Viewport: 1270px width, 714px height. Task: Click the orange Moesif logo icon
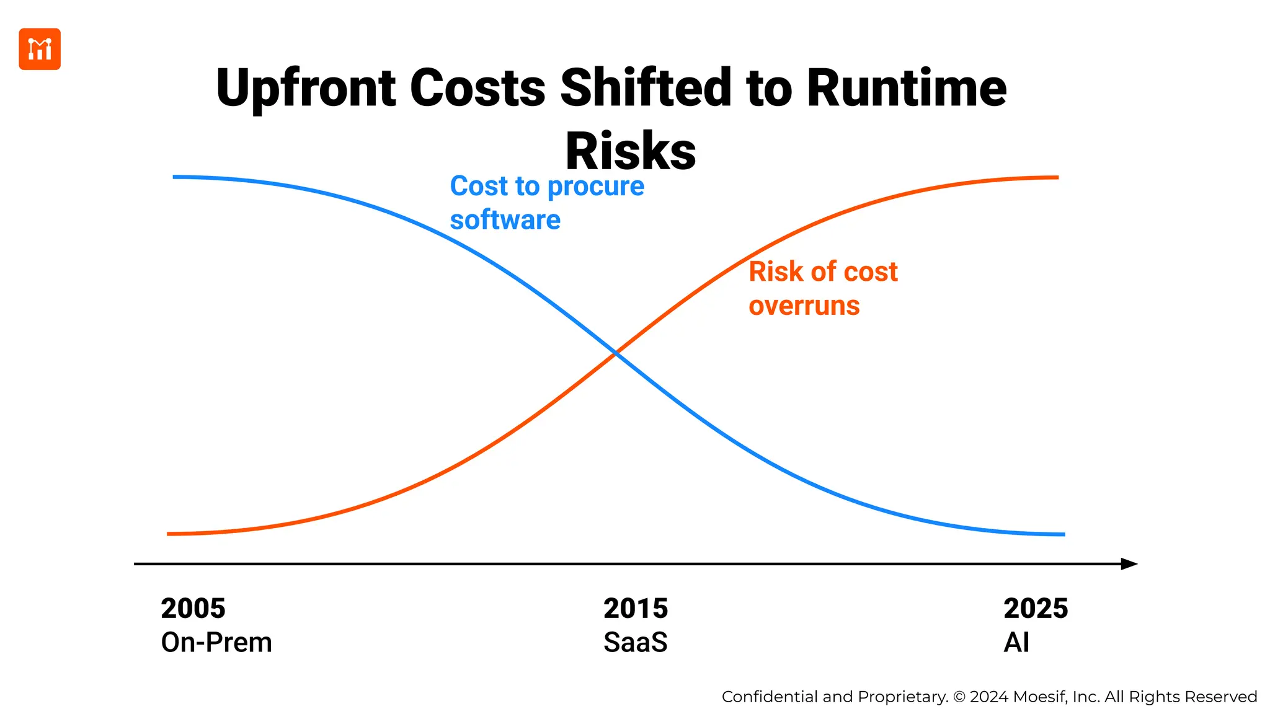[x=40, y=49]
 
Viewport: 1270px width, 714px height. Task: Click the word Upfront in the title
[x=306, y=88]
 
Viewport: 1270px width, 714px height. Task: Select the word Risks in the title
[x=631, y=152]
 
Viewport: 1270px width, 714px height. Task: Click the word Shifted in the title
[x=646, y=88]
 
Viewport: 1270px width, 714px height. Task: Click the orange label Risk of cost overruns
[x=822, y=288]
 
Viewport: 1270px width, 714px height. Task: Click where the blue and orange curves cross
[x=615, y=353]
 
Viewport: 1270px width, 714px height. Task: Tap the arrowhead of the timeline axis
[x=1129, y=564]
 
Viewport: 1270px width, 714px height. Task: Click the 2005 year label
[x=193, y=609]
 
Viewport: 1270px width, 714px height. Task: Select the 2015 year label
[x=636, y=609]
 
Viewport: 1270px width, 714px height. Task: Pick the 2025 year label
[x=1036, y=609]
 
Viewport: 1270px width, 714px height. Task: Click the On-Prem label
[x=216, y=643]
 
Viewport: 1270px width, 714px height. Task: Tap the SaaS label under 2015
[x=636, y=643]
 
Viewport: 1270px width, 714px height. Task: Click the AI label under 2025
[x=1016, y=643]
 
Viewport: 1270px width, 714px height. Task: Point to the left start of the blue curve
[x=175, y=177]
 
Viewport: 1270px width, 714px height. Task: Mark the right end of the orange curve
[x=1057, y=178]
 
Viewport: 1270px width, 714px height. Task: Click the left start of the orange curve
[x=169, y=534]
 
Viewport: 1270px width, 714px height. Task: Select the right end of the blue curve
[x=1063, y=534]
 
